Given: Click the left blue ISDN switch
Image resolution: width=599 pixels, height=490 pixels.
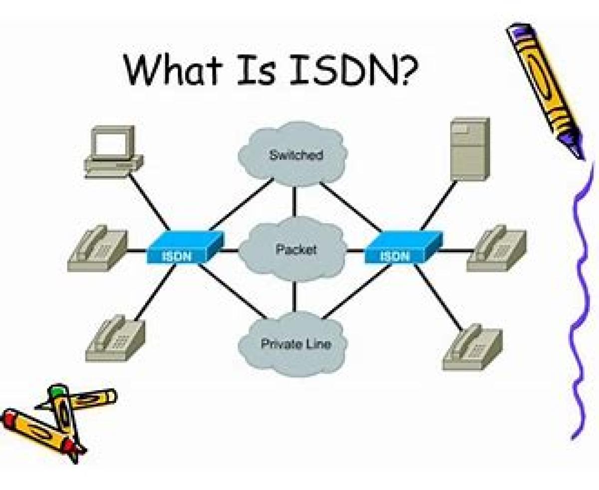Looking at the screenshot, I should (184, 247).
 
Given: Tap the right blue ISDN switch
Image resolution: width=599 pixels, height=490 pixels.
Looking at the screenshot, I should (402, 247).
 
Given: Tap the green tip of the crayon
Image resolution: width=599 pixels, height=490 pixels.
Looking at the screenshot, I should (59, 390).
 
